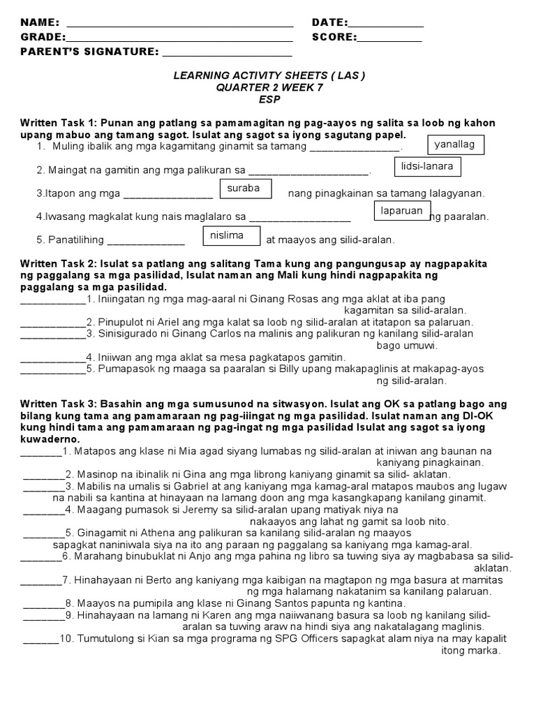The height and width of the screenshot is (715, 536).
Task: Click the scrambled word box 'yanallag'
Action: pyautogui.click(x=454, y=144)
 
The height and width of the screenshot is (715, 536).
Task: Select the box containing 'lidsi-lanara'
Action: pyautogui.click(x=428, y=167)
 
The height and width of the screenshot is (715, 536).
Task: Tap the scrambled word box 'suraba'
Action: pyautogui.click(x=244, y=189)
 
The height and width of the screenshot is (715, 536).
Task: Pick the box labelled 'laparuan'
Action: pyautogui.click(x=402, y=210)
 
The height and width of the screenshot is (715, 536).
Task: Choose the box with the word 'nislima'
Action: pyautogui.click(x=230, y=236)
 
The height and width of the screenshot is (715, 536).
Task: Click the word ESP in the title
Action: pyautogui.click(x=269, y=99)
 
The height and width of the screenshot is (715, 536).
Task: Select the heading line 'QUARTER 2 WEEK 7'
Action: pyautogui.click(x=269, y=87)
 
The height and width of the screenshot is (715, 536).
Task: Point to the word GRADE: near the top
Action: pyautogui.click(x=43, y=38)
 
